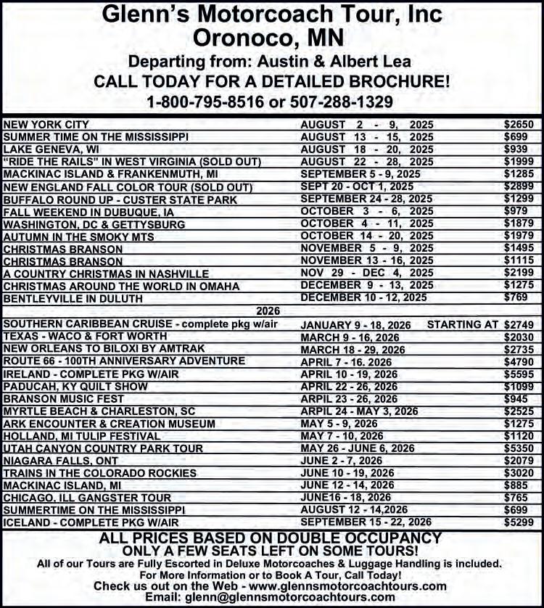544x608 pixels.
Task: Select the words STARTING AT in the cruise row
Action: coord(463,325)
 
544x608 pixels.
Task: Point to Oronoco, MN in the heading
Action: coord(272,36)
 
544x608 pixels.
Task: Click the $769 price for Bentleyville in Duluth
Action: coord(522,298)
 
